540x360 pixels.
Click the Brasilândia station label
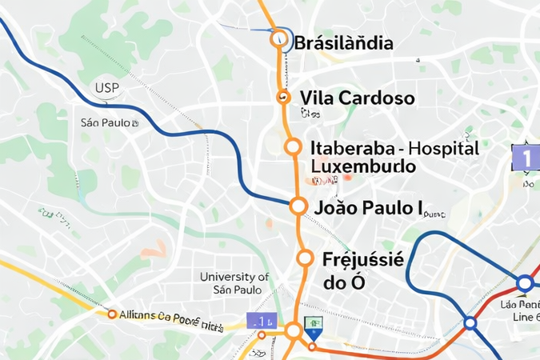click(344, 43)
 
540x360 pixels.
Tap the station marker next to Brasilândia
click(279, 37)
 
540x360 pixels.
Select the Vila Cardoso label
click(357, 98)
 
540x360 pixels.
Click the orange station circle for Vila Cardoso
click(282, 98)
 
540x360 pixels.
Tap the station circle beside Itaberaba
click(293, 147)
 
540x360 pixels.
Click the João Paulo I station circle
click(298, 206)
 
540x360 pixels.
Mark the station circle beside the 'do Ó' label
click(305, 258)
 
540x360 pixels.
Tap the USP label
click(107, 88)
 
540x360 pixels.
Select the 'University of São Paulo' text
click(234, 283)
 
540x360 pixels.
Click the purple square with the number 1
click(525, 157)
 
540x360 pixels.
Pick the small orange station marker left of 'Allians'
click(112, 314)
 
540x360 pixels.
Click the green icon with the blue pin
click(314, 326)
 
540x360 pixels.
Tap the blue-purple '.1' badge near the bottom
click(261, 321)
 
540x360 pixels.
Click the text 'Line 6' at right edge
click(525, 318)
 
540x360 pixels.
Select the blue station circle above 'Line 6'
click(525, 283)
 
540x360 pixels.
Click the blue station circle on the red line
click(470, 322)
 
